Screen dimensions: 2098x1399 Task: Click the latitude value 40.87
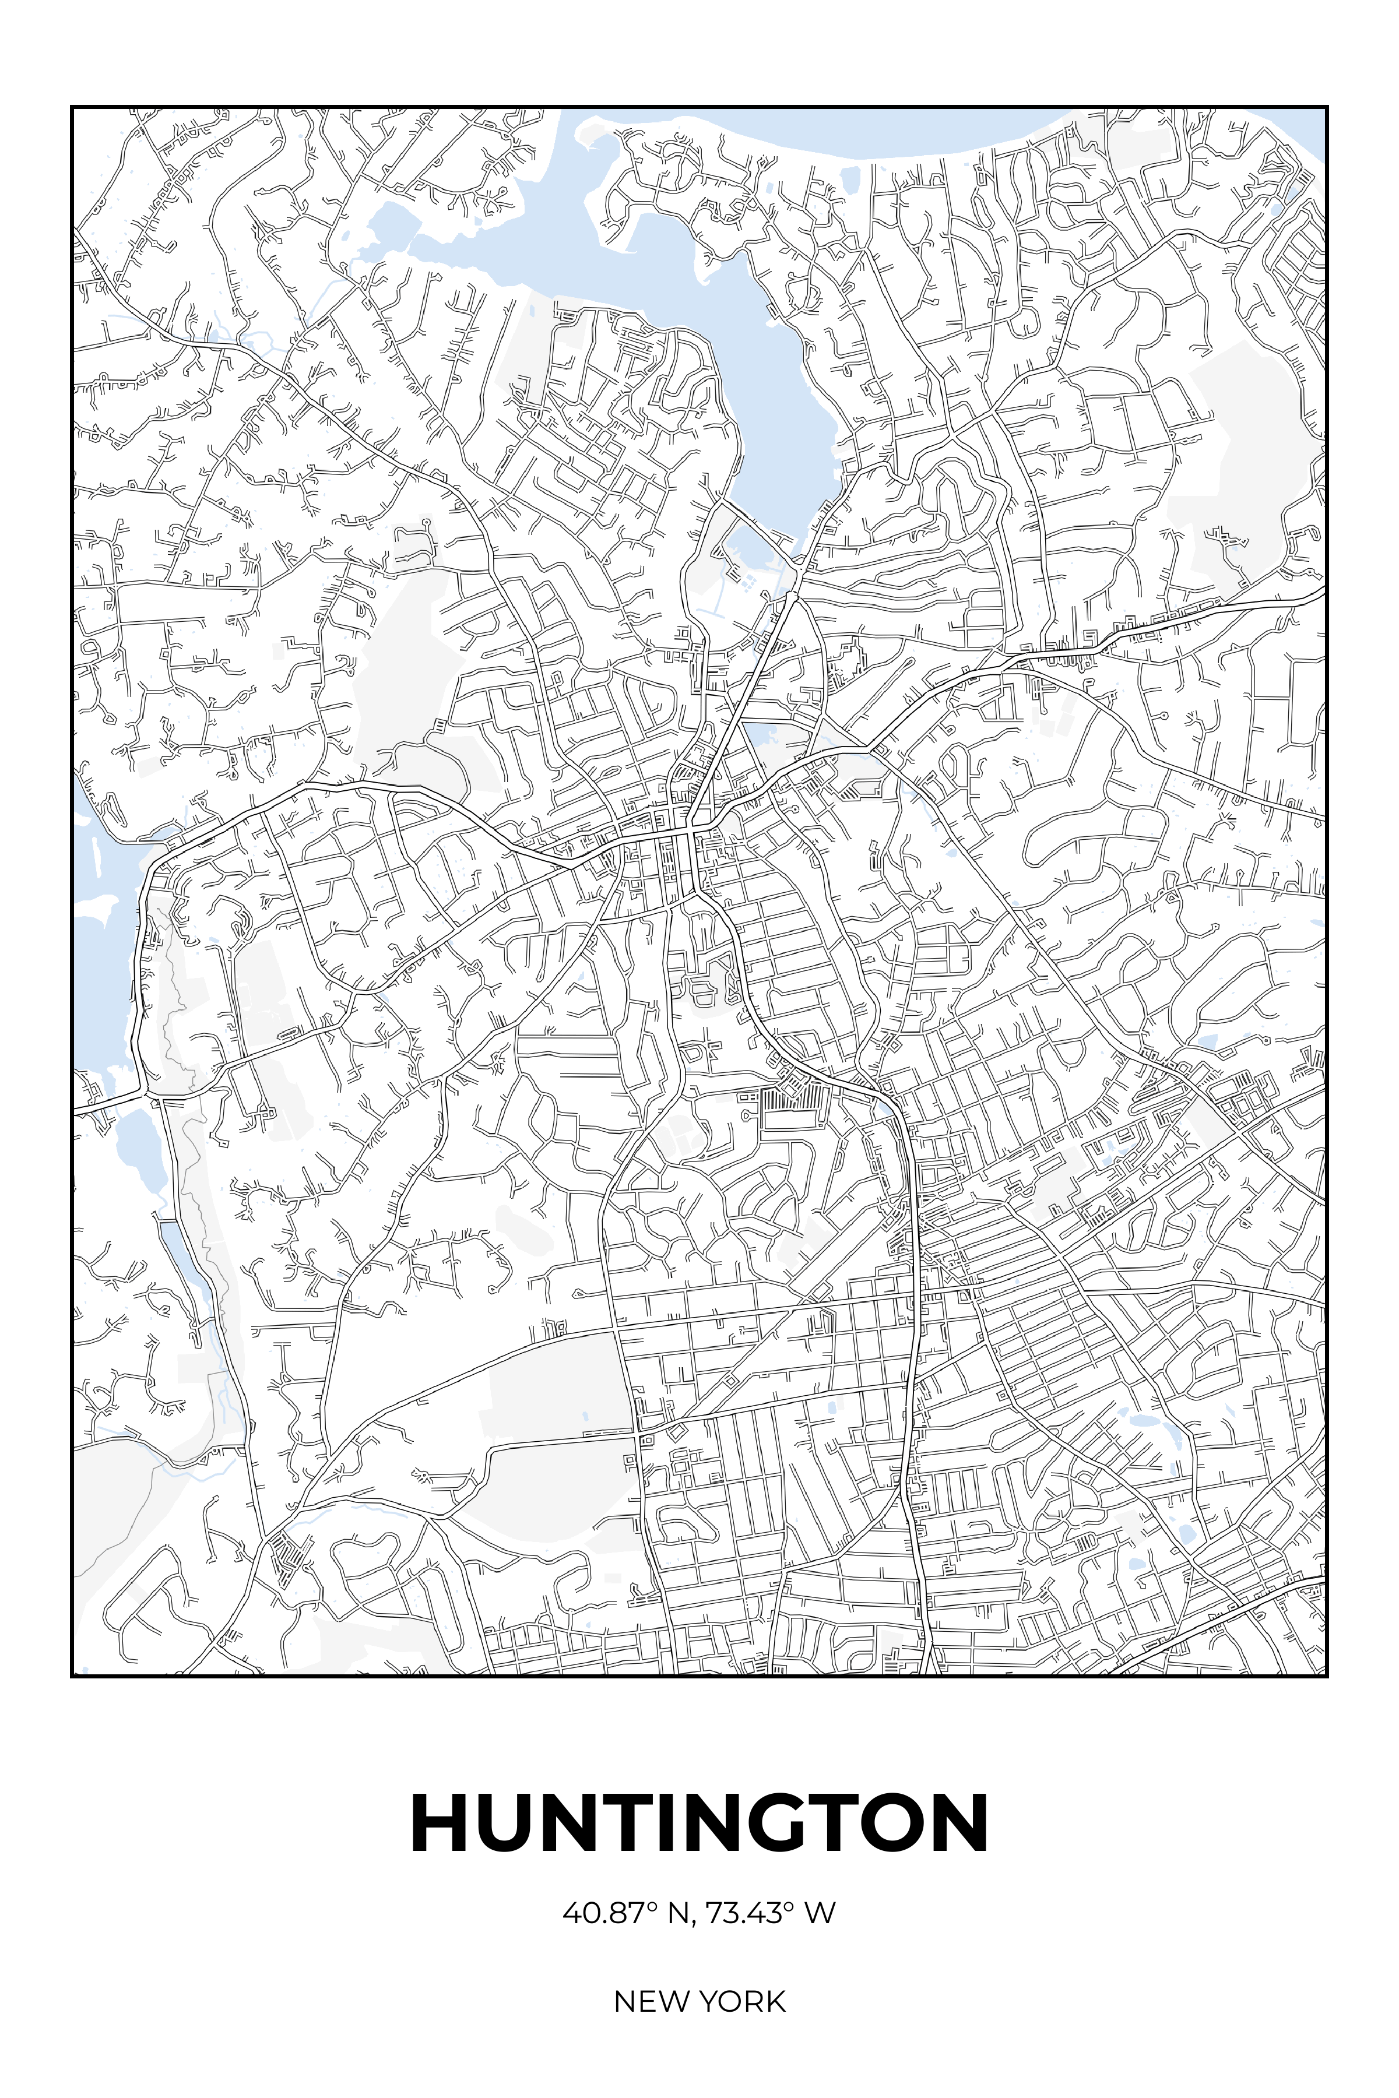point(603,1913)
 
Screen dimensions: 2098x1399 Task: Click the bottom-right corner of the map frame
point(1327,1676)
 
